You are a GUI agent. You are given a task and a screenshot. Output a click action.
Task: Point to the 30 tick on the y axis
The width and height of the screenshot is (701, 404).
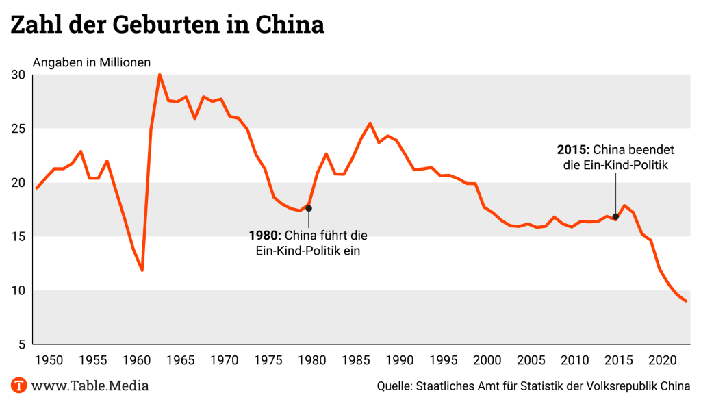18,75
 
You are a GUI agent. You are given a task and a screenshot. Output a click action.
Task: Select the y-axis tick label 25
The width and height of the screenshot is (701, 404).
18,129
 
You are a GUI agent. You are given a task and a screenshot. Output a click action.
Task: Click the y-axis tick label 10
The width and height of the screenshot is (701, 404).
18,290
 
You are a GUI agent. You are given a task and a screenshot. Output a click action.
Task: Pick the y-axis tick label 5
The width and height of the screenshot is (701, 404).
22,344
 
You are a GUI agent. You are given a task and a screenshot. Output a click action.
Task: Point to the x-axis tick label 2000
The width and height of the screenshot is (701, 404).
488,360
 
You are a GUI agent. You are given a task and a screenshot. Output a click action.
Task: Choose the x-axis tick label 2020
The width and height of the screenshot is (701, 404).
663,360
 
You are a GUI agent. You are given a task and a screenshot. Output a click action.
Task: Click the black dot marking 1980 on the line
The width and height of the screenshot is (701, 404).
309,208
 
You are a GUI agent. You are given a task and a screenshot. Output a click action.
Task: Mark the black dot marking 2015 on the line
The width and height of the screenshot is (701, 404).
615,217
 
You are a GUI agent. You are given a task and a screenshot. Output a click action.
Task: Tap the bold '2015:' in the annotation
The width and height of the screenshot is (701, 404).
574,149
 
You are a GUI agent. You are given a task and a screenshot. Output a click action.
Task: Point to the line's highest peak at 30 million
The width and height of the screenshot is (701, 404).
160,75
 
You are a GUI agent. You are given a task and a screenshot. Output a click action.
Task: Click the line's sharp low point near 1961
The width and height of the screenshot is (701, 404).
142,270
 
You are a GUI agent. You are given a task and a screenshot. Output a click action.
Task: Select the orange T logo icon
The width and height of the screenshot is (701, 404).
18,385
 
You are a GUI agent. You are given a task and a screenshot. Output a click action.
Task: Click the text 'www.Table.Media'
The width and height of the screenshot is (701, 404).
90,386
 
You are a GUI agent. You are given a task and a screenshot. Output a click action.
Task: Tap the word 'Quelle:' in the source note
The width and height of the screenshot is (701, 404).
394,386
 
